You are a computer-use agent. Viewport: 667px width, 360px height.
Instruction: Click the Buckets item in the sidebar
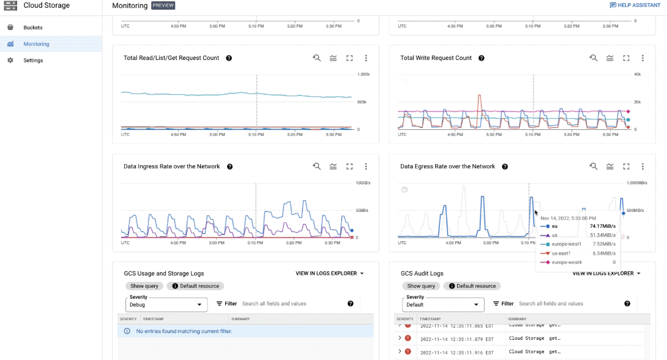[32, 28]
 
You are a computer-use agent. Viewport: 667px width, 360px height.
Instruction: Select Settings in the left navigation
[33, 61]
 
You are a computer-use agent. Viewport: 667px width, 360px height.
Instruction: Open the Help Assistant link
[635, 6]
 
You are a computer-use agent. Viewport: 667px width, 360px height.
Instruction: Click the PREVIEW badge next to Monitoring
[163, 6]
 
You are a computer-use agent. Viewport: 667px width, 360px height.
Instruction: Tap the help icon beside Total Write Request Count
[482, 58]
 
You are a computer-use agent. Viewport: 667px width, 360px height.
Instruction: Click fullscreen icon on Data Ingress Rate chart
[349, 167]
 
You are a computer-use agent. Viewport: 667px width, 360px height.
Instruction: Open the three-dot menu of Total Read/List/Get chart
[366, 58]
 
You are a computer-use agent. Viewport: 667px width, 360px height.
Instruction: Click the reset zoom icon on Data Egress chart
[594, 167]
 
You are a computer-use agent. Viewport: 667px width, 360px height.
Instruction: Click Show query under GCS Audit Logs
[421, 286]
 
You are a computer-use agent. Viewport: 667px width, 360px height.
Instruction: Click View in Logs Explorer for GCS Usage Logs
[330, 274]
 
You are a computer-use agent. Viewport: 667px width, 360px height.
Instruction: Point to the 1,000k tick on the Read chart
[363, 75]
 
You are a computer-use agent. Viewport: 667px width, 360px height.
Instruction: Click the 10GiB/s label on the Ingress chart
[363, 183]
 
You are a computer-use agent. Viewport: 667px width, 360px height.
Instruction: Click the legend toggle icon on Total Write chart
[610, 58]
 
